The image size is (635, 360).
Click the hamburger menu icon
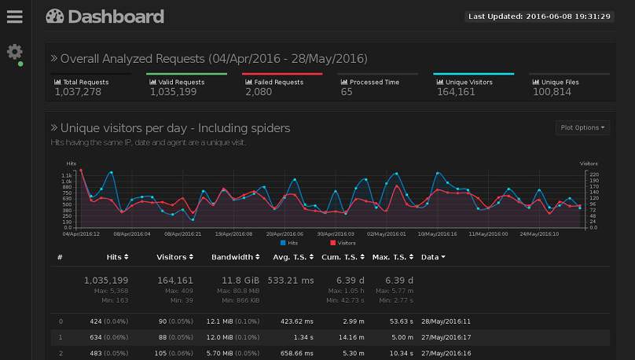[x=15, y=16]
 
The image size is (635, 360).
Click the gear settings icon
[x=15, y=52]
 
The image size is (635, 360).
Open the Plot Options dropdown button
[x=582, y=127]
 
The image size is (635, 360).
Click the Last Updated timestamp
[x=539, y=16]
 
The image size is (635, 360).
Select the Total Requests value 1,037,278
[x=78, y=92]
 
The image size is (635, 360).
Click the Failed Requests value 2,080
[x=259, y=92]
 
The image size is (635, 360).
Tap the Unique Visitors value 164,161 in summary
[x=456, y=92]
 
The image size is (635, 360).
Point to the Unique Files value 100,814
[x=552, y=92]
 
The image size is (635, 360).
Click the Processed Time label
[x=374, y=82]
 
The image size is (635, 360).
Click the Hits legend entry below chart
[x=288, y=243]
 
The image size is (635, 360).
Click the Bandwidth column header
[x=235, y=257]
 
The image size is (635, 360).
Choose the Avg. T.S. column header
[x=292, y=257]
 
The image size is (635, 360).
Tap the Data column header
[x=433, y=257]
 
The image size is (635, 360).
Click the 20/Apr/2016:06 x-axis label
[x=284, y=233]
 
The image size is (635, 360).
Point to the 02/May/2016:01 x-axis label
[x=387, y=233]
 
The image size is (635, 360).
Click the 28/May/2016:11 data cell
[x=446, y=321]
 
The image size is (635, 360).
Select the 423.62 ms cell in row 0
[x=297, y=321]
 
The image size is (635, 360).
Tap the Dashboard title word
[x=116, y=17]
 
